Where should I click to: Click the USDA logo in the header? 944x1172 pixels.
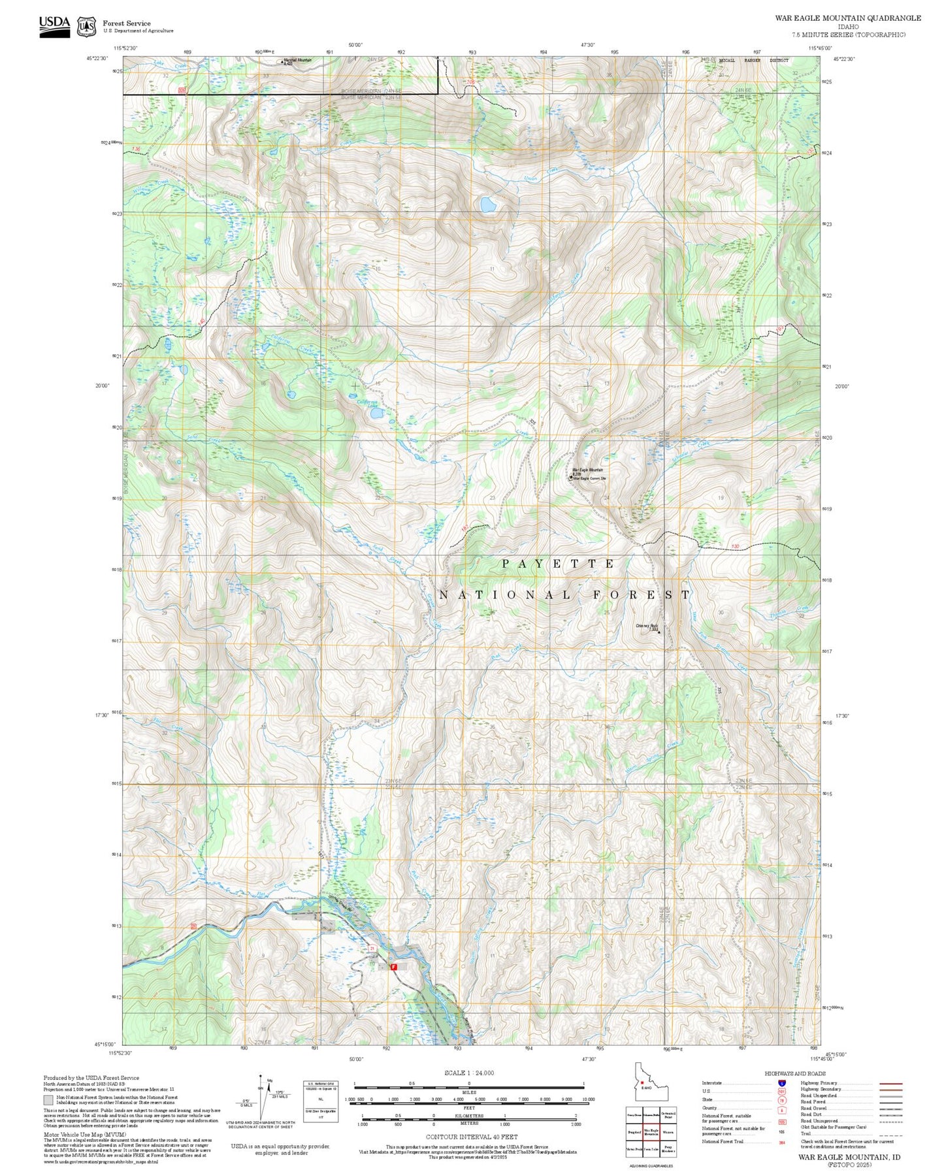pos(54,26)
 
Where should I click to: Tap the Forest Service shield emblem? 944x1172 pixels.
pos(86,27)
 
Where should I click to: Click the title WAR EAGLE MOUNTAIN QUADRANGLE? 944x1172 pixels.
pos(848,18)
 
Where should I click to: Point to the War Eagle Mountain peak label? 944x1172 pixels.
pos(588,470)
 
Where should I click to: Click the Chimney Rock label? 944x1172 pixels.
pos(647,626)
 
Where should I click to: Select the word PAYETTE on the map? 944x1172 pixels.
pos(559,563)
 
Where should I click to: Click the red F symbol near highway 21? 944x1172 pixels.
pos(394,967)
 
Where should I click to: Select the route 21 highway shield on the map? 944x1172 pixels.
pos(372,947)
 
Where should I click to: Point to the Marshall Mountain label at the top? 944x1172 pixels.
pos(297,60)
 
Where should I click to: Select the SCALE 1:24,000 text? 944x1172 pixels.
pos(469,1073)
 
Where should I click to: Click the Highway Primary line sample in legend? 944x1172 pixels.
pos(891,1083)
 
